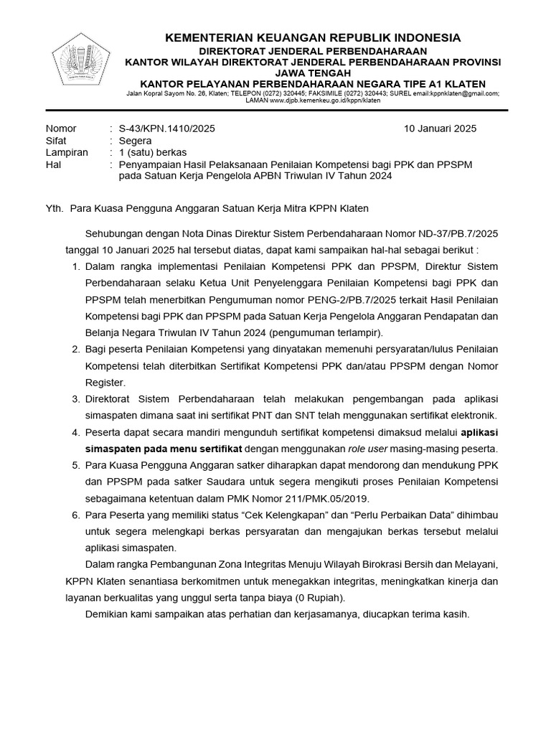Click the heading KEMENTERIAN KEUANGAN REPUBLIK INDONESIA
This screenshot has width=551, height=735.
(314, 37)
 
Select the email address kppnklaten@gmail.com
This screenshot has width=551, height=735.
(464, 93)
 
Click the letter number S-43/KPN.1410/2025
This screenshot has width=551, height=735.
(166, 129)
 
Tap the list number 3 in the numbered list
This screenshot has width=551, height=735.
(75, 398)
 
